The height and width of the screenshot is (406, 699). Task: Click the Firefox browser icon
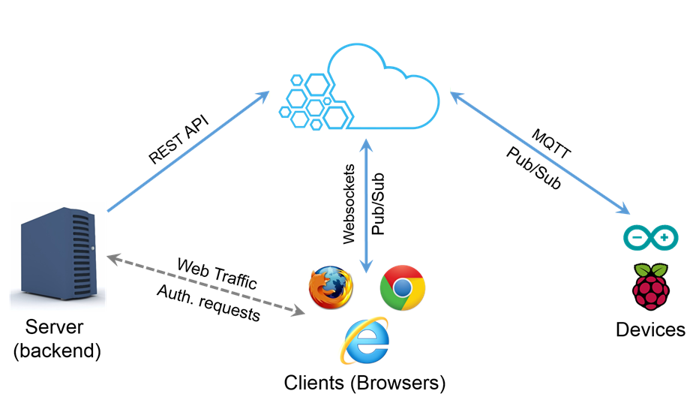pos(331,286)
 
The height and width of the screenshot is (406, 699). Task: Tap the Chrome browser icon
pos(403,287)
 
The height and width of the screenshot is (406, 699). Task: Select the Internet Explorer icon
pos(366,341)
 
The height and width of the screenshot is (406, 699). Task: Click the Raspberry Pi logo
pos(650,286)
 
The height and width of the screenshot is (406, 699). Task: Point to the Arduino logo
pos(650,239)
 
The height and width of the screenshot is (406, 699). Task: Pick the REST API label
pos(178,139)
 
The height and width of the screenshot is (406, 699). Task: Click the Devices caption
pos(650,329)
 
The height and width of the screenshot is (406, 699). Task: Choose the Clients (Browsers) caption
pos(364,383)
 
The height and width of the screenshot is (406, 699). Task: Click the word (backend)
pos(55,350)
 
